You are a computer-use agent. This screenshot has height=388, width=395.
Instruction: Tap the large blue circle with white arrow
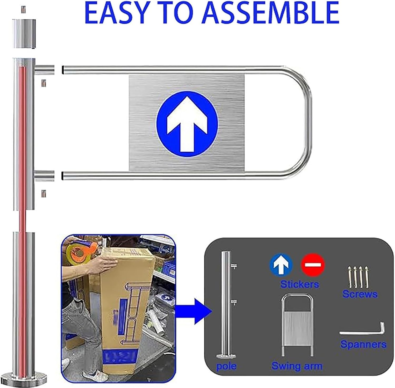[187, 123]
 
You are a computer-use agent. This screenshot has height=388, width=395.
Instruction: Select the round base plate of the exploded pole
[23, 376]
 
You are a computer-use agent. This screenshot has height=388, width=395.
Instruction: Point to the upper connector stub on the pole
[45, 70]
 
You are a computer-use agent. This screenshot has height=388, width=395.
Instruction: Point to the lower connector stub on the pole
[45, 175]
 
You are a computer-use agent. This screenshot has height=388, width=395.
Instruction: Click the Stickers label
[299, 284]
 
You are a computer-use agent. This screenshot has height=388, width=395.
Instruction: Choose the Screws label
[360, 294]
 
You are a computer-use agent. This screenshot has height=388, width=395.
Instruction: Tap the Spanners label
[363, 344]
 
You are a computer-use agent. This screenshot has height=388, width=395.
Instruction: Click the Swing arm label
[297, 366]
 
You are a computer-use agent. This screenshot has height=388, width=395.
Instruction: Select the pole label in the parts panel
[226, 366]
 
